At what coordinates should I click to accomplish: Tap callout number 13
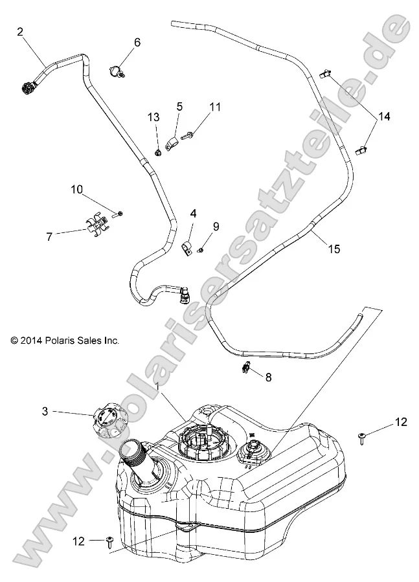pyautogui.click(x=153, y=117)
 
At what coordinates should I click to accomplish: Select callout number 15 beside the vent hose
pyautogui.click(x=334, y=249)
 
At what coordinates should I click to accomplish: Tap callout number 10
pyautogui.click(x=77, y=189)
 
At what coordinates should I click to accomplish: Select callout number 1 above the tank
pyautogui.click(x=157, y=386)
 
